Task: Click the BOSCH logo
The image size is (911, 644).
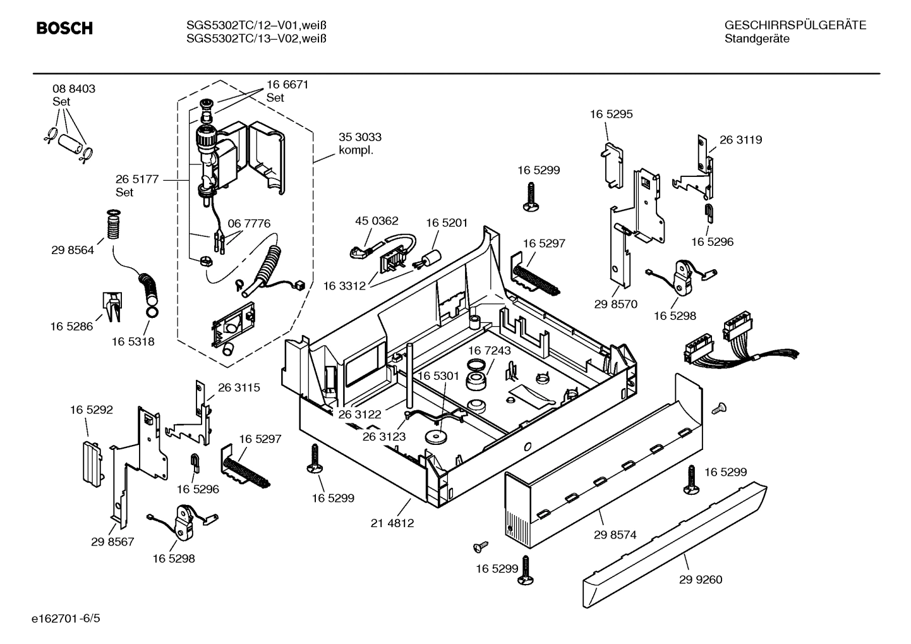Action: [x=64, y=28]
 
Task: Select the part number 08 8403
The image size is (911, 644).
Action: [x=74, y=89]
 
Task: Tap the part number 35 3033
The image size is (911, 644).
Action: [x=360, y=137]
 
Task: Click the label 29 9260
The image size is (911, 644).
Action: [x=701, y=580]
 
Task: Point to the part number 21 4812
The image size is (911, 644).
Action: [x=392, y=523]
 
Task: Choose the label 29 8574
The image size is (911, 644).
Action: [x=615, y=535]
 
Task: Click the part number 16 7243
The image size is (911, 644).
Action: [x=490, y=351]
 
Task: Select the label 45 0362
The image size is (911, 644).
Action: [x=377, y=221]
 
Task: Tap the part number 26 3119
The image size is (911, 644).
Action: [x=740, y=140]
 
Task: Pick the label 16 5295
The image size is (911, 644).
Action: [x=611, y=114]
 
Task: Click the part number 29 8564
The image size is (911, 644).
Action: [x=73, y=250]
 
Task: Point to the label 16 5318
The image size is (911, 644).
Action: [x=133, y=342]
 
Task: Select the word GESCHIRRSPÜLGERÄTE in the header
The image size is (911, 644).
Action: [x=795, y=25]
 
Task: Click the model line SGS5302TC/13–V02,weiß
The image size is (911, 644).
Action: [x=256, y=39]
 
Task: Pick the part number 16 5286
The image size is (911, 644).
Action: [x=71, y=327]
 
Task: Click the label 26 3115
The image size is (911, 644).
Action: [x=239, y=387]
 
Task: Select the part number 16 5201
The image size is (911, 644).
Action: [x=447, y=222]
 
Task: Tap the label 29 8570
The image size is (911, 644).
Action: [x=615, y=304]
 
